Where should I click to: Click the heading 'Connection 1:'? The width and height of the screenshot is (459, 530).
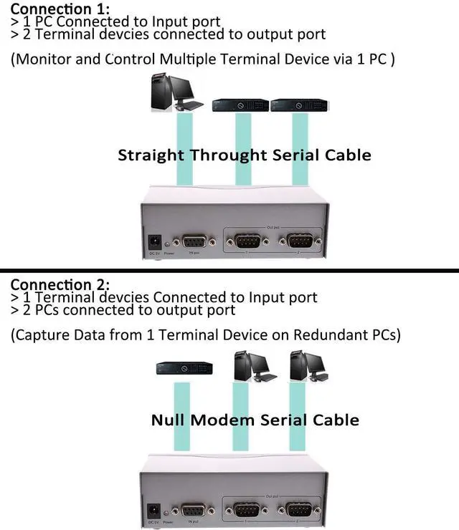[60, 9]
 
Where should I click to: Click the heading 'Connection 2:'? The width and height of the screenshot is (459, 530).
[60, 285]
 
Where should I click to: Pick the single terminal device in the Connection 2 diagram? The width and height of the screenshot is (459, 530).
[184, 369]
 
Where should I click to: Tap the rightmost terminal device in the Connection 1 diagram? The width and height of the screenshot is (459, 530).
[299, 105]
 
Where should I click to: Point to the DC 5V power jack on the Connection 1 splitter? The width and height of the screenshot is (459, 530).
[153, 241]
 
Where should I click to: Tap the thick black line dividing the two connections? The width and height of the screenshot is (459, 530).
[229, 270]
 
